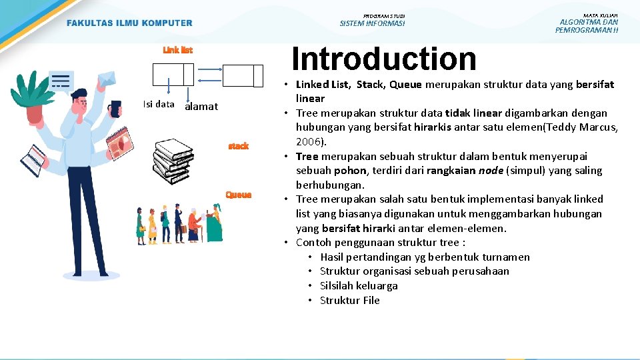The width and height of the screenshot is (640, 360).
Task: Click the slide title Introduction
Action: tap(384, 59)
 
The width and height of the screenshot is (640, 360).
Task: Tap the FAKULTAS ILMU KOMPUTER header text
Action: tap(129, 23)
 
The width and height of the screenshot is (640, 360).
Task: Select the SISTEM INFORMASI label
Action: tap(372, 24)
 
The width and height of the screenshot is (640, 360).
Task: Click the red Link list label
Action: tap(178, 50)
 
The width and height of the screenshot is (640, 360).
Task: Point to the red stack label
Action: tap(238, 145)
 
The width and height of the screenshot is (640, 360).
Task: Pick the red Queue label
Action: tap(238, 195)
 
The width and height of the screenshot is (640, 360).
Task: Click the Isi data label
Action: tap(159, 104)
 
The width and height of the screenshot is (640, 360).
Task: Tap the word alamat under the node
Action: tap(201, 107)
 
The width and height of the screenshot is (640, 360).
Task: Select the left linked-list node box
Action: tap(173, 75)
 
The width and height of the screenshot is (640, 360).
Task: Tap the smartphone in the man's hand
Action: tap(115, 109)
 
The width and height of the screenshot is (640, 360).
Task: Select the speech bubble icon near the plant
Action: tap(61, 81)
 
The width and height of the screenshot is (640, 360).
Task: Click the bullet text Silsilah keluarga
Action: tap(359, 285)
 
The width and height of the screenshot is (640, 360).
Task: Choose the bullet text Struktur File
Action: tap(350, 300)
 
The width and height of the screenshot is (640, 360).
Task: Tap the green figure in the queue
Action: tap(214, 226)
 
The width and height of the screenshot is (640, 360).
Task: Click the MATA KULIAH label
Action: tap(600, 15)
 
